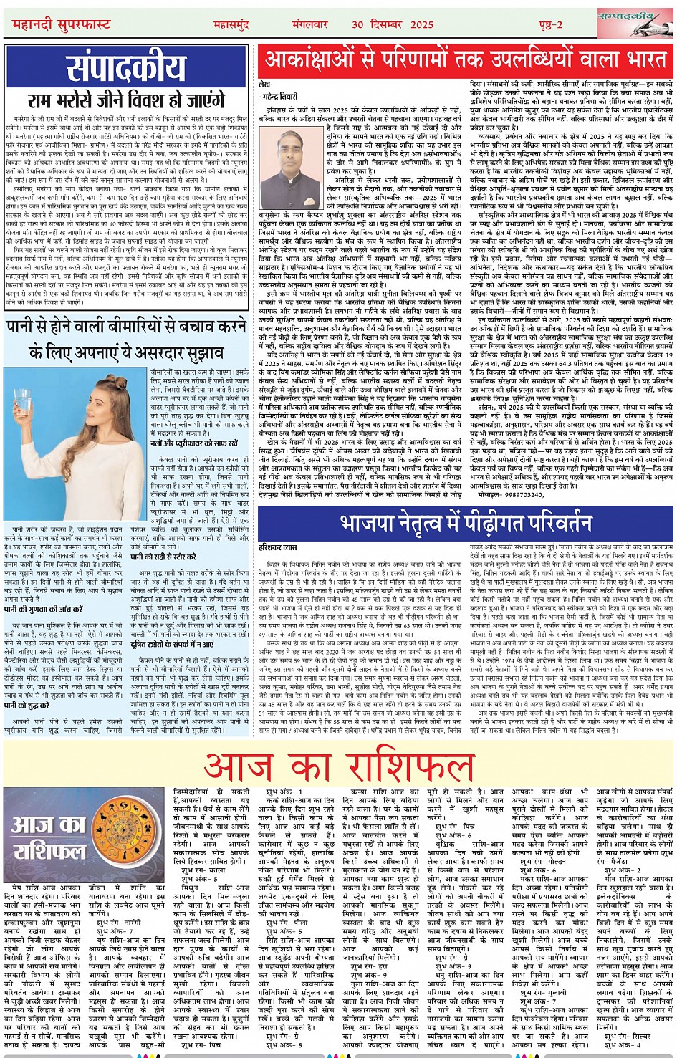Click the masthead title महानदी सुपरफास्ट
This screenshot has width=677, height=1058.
coord(62,24)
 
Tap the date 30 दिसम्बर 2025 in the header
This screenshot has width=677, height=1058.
coord(393,24)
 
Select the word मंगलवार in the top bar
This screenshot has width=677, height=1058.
coord(309,24)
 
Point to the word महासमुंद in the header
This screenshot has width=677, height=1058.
coord(231,24)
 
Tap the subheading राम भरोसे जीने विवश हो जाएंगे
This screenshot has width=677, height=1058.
coord(127,102)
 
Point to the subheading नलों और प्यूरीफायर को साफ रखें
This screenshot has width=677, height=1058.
coord(193,444)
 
